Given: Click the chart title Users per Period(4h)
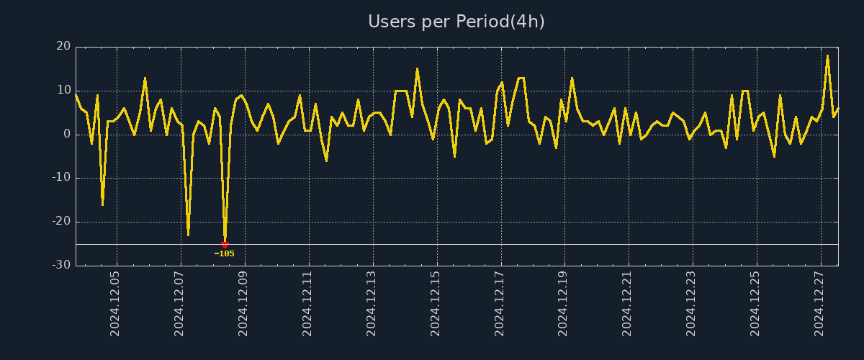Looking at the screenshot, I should [456, 22].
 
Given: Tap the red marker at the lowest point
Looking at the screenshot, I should [225, 245].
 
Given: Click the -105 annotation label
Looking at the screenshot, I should [225, 254].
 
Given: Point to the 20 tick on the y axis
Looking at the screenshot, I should [63, 47].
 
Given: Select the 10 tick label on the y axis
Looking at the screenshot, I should [63, 91].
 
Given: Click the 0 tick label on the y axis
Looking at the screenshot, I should [66, 135].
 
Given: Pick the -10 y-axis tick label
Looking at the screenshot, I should [60, 178].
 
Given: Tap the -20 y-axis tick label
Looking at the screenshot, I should [60, 222].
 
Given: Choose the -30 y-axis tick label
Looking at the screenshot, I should [60, 265].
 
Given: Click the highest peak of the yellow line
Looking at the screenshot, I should [827, 55].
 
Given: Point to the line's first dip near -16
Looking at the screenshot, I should [102, 204].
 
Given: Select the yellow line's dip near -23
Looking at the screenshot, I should [188, 235].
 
